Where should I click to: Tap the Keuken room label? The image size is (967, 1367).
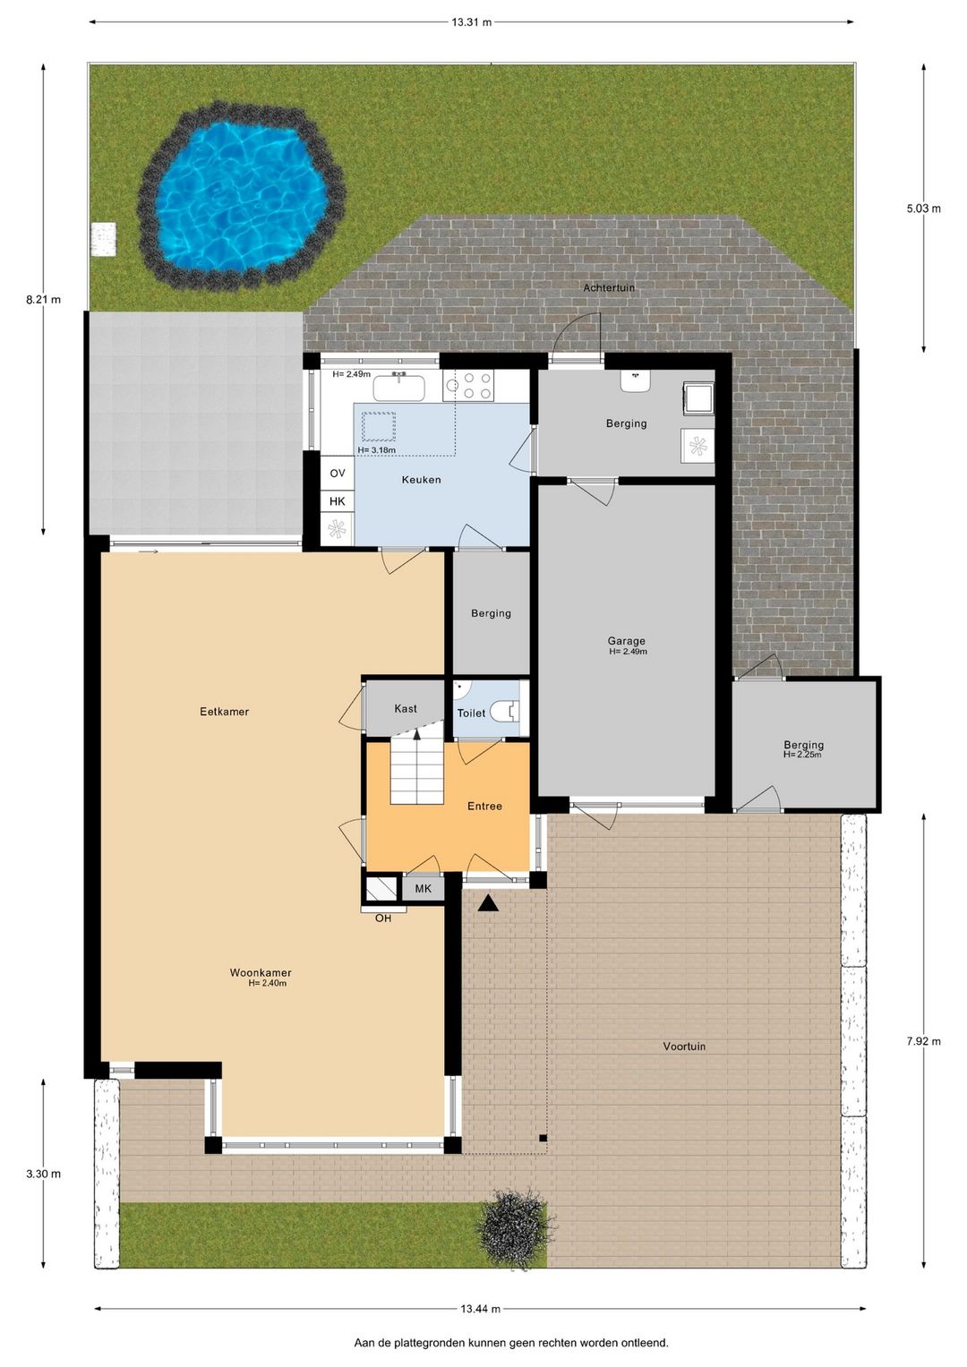click(421, 480)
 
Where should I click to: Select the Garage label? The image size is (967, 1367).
click(627, 641)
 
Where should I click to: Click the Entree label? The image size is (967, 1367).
click(484, 807)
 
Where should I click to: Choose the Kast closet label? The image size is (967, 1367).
click(406, 708)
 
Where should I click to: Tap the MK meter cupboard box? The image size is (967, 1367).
click(423, 889)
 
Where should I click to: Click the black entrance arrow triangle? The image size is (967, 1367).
click(488, 903)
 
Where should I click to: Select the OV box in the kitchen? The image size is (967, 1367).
click(338, 473)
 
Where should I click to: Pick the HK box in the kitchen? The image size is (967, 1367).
click(338, 501)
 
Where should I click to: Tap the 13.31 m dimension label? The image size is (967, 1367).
click(471, 22)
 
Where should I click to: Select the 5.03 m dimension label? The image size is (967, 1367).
click(924, 208)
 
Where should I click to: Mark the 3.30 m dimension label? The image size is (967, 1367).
click(43, 1174)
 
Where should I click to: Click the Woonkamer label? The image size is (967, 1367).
click(261, 973)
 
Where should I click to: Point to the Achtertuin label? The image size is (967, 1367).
click(609, 287)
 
